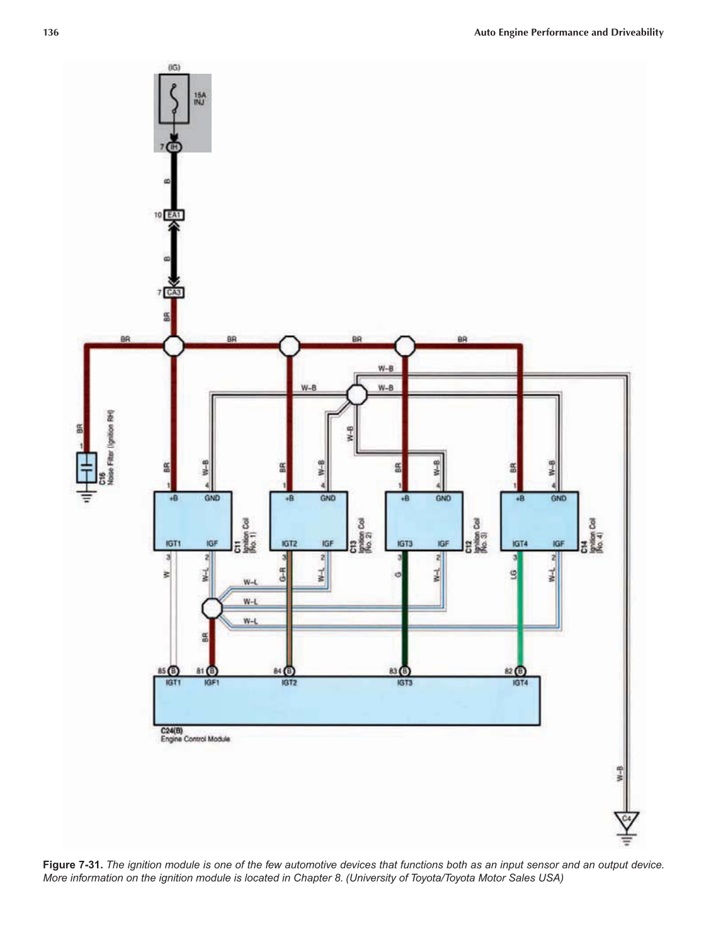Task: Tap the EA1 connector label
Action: coord(174,216)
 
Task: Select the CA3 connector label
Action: coord(174,292)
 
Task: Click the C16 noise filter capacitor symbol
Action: coord(87,468)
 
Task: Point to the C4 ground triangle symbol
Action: coord(626,820)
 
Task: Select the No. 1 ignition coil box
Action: coord(193,521)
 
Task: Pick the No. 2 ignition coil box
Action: coord(309,521)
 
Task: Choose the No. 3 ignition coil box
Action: coord(424,521)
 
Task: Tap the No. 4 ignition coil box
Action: coord(539,521)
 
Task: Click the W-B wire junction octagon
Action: coord(357,395)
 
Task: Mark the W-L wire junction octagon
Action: coord(212,609)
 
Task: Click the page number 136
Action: coord(51,32)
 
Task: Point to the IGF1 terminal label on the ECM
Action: coord(212,683)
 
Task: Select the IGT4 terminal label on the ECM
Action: coord(520,683)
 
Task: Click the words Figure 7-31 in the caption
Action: coord(72,865)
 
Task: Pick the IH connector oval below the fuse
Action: coord(174,147)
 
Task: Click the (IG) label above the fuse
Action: coord(174,67)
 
